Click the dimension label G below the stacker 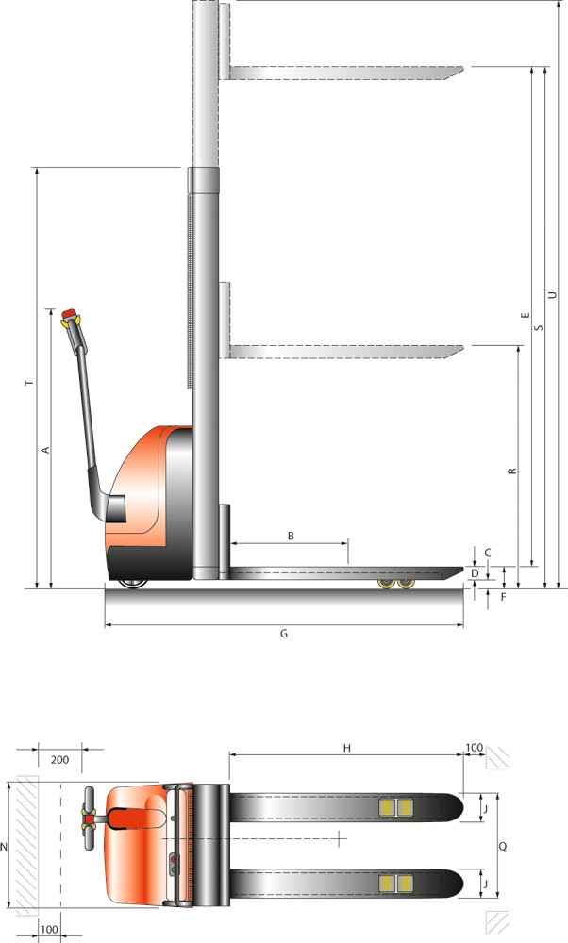[x=285, y=634]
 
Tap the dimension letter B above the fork [x=291, y=536]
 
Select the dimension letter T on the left [x=29, y=383]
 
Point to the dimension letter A [x=44, y=449]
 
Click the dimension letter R [x=512, y=471]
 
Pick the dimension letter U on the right [x=552, y=295]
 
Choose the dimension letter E [x=526, y=315]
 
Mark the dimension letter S [x=539, y=328]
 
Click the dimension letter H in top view [x=347, y=748]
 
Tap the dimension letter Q [x=503, y=846]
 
